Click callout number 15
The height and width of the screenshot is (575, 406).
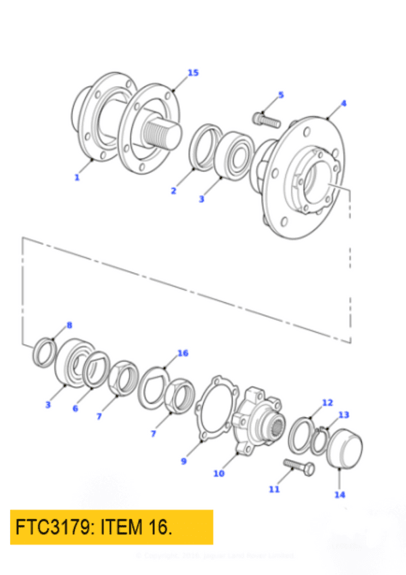(x=194, y=73)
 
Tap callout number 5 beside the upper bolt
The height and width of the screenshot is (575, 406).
(x=281, y=95)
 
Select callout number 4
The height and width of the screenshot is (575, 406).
(x=344, y=104)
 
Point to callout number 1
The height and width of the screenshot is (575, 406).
(x=77, y=177)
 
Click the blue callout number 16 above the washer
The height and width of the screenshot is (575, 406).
(x=183, y=354)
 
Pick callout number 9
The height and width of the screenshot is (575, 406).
(x=183, y=462)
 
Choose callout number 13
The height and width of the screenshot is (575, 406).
(x=344, y=414)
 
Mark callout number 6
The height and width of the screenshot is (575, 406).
(x=75, y=409)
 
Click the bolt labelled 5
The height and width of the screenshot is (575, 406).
(x=265, y=121)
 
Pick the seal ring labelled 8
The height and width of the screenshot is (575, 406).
(x=45, y=352)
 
